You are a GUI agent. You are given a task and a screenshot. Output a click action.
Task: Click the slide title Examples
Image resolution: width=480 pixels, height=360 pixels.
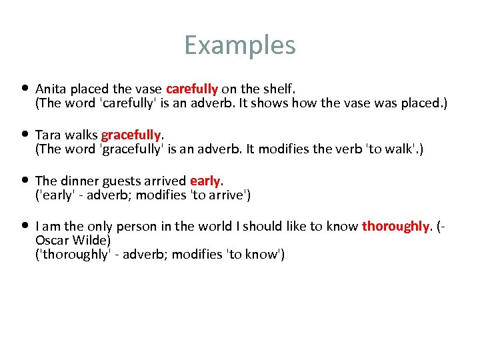[239, 45]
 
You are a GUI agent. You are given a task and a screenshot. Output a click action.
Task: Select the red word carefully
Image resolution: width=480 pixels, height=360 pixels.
[192, 89]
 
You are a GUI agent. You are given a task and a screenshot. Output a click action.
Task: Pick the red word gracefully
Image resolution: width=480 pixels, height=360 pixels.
[131, 135]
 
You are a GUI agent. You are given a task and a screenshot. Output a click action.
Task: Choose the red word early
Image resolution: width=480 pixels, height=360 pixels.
[205, 181]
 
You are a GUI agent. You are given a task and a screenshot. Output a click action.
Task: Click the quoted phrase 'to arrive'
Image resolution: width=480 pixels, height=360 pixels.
[220, 195]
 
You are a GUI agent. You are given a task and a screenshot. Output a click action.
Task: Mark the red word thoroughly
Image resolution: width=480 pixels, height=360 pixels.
[395, 227]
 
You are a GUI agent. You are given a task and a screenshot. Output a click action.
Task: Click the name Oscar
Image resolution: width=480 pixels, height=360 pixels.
[51, 240]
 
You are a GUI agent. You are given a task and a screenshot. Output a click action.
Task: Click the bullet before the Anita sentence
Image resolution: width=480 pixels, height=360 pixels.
[25, 88]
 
